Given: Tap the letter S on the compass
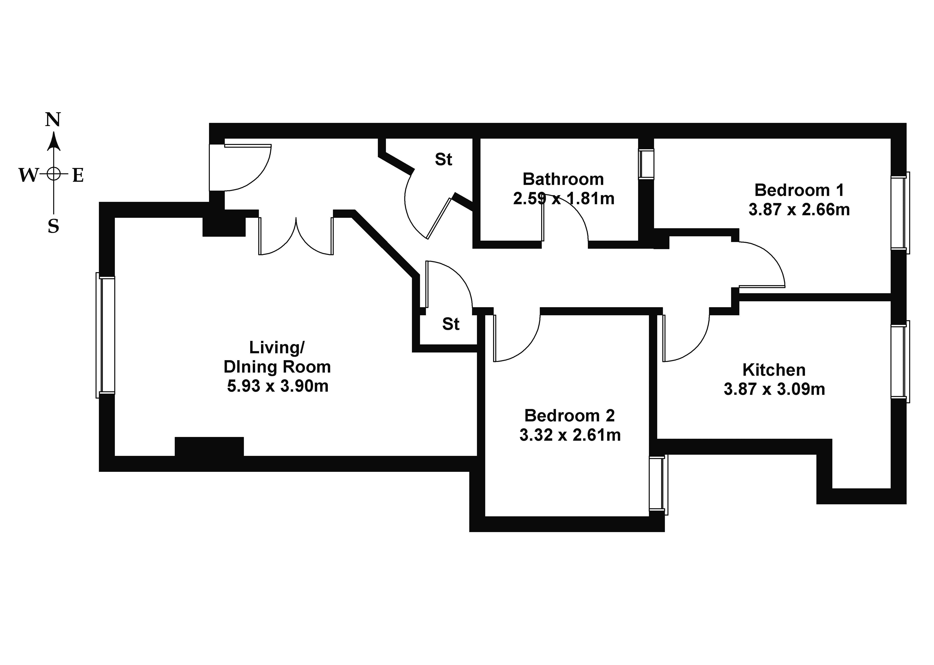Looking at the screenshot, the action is click(x=53, y=226).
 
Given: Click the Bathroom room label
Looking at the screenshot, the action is click(x=563, y=179).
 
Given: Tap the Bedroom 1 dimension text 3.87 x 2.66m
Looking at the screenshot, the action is click(x=799, y=210).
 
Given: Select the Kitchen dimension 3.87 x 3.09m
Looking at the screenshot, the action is click(x=774, y=389).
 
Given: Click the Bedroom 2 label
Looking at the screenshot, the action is click(x=569, y=416).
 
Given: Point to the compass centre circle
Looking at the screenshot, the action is click(x=53, y=174).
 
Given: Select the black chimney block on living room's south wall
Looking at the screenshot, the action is click(x=209, y=446).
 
